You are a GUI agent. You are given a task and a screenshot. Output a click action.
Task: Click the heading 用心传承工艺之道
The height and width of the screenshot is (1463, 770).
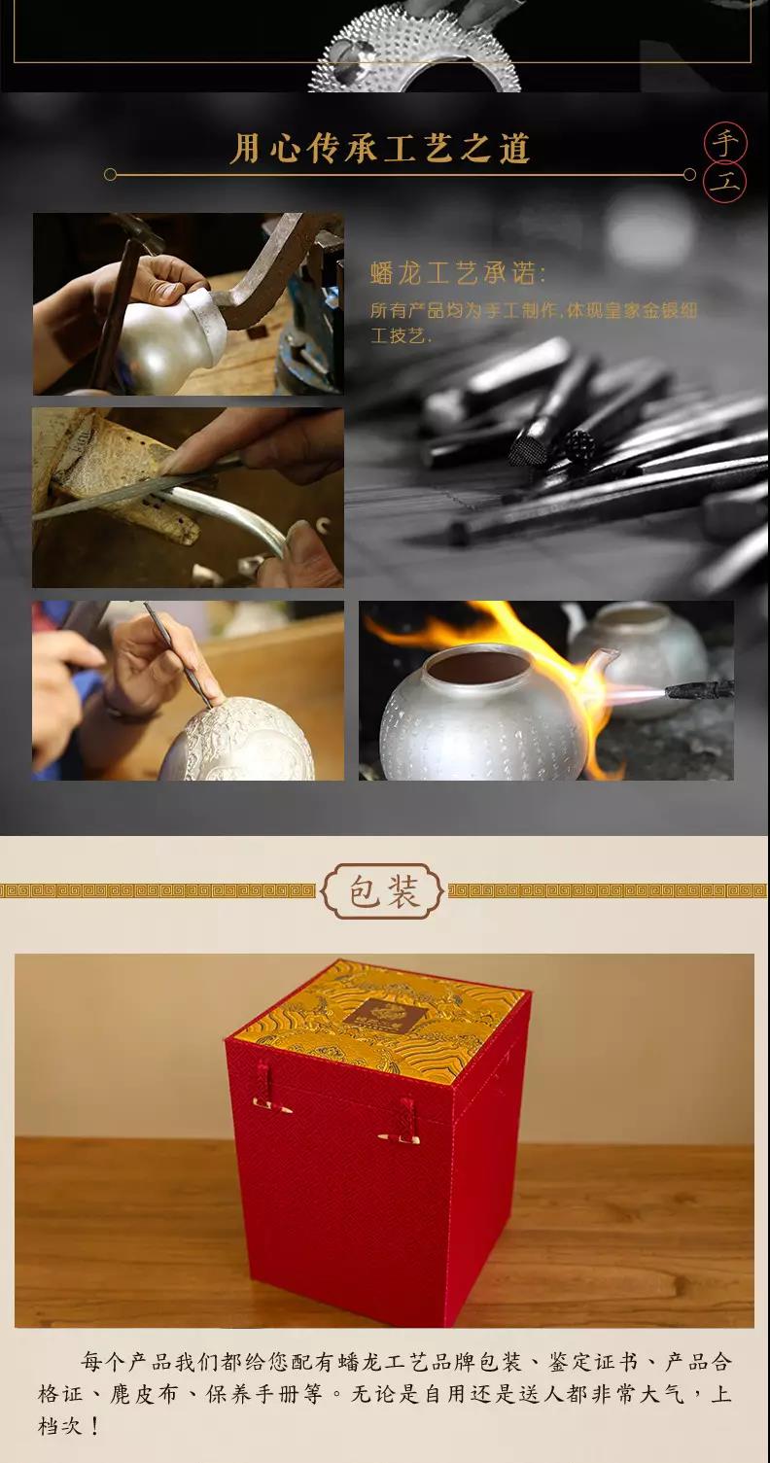379,149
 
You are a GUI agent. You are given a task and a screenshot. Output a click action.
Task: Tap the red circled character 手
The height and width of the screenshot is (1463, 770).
725,143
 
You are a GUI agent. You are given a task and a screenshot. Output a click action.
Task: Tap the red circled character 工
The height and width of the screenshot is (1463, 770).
725,183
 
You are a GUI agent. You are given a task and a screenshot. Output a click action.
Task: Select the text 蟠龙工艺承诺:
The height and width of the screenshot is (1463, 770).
458,273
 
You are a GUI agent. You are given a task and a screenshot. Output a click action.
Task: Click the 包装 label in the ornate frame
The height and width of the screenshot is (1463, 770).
384,890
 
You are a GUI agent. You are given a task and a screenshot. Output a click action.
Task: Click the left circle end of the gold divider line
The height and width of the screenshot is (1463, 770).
111,174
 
